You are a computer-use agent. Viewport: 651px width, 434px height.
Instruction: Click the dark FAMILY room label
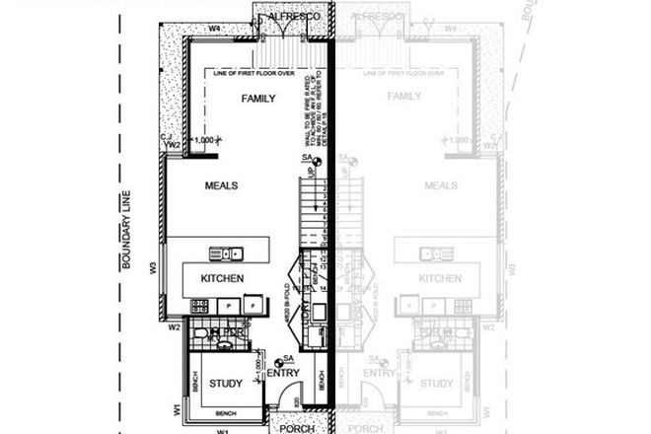257,98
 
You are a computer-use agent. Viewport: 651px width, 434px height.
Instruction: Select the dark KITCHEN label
222,279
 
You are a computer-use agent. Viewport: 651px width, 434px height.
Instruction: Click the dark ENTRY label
283,374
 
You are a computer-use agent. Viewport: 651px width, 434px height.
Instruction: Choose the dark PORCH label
296,428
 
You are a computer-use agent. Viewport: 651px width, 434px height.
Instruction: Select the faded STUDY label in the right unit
437,383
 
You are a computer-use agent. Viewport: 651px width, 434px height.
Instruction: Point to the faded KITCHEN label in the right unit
440,279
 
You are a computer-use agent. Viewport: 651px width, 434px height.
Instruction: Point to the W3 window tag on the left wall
154,266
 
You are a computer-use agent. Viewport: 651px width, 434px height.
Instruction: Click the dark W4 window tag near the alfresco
213,29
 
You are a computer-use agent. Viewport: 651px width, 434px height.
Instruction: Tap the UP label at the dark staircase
309,174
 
